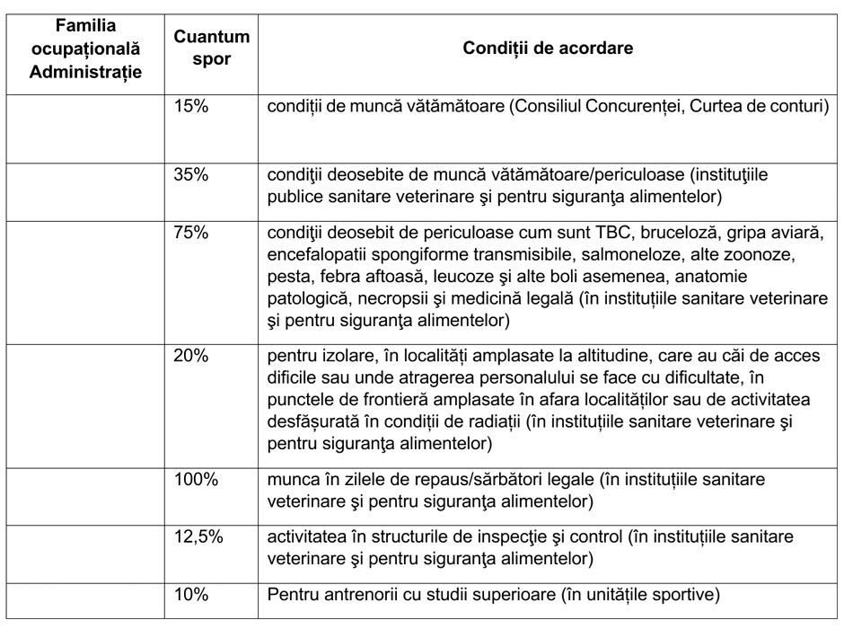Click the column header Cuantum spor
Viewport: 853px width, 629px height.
pyautogui.click(x=212, y=49)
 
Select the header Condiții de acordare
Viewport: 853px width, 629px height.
pyautogui.click(x=548, y=49)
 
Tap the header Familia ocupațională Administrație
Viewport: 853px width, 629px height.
pyautogui.click(x=85, y=49)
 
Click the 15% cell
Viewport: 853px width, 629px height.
pyautogui.click(x=190, y=106)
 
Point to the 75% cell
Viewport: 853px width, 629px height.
pyautogui.click(x=190, y=233)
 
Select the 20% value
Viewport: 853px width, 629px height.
pyautogui.click(x=190, y=356)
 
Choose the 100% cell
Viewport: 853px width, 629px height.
pyautogui.click(x=196, y=479)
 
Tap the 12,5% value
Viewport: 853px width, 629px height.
pyautogui.click(x=198, y=536)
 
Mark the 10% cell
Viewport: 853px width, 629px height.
pyautogui.click(x=190, y=594)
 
